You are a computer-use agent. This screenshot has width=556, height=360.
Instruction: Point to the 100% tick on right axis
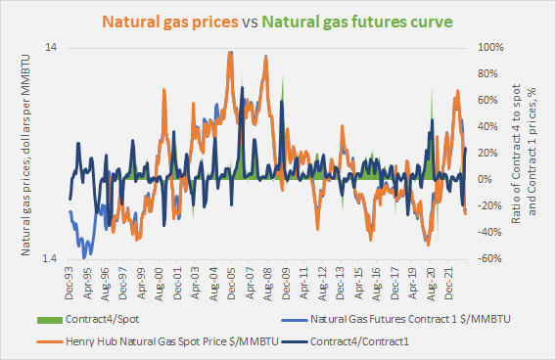490,48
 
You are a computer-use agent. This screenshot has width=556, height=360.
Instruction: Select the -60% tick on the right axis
490,259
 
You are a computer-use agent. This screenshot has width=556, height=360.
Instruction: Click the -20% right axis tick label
490,206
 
